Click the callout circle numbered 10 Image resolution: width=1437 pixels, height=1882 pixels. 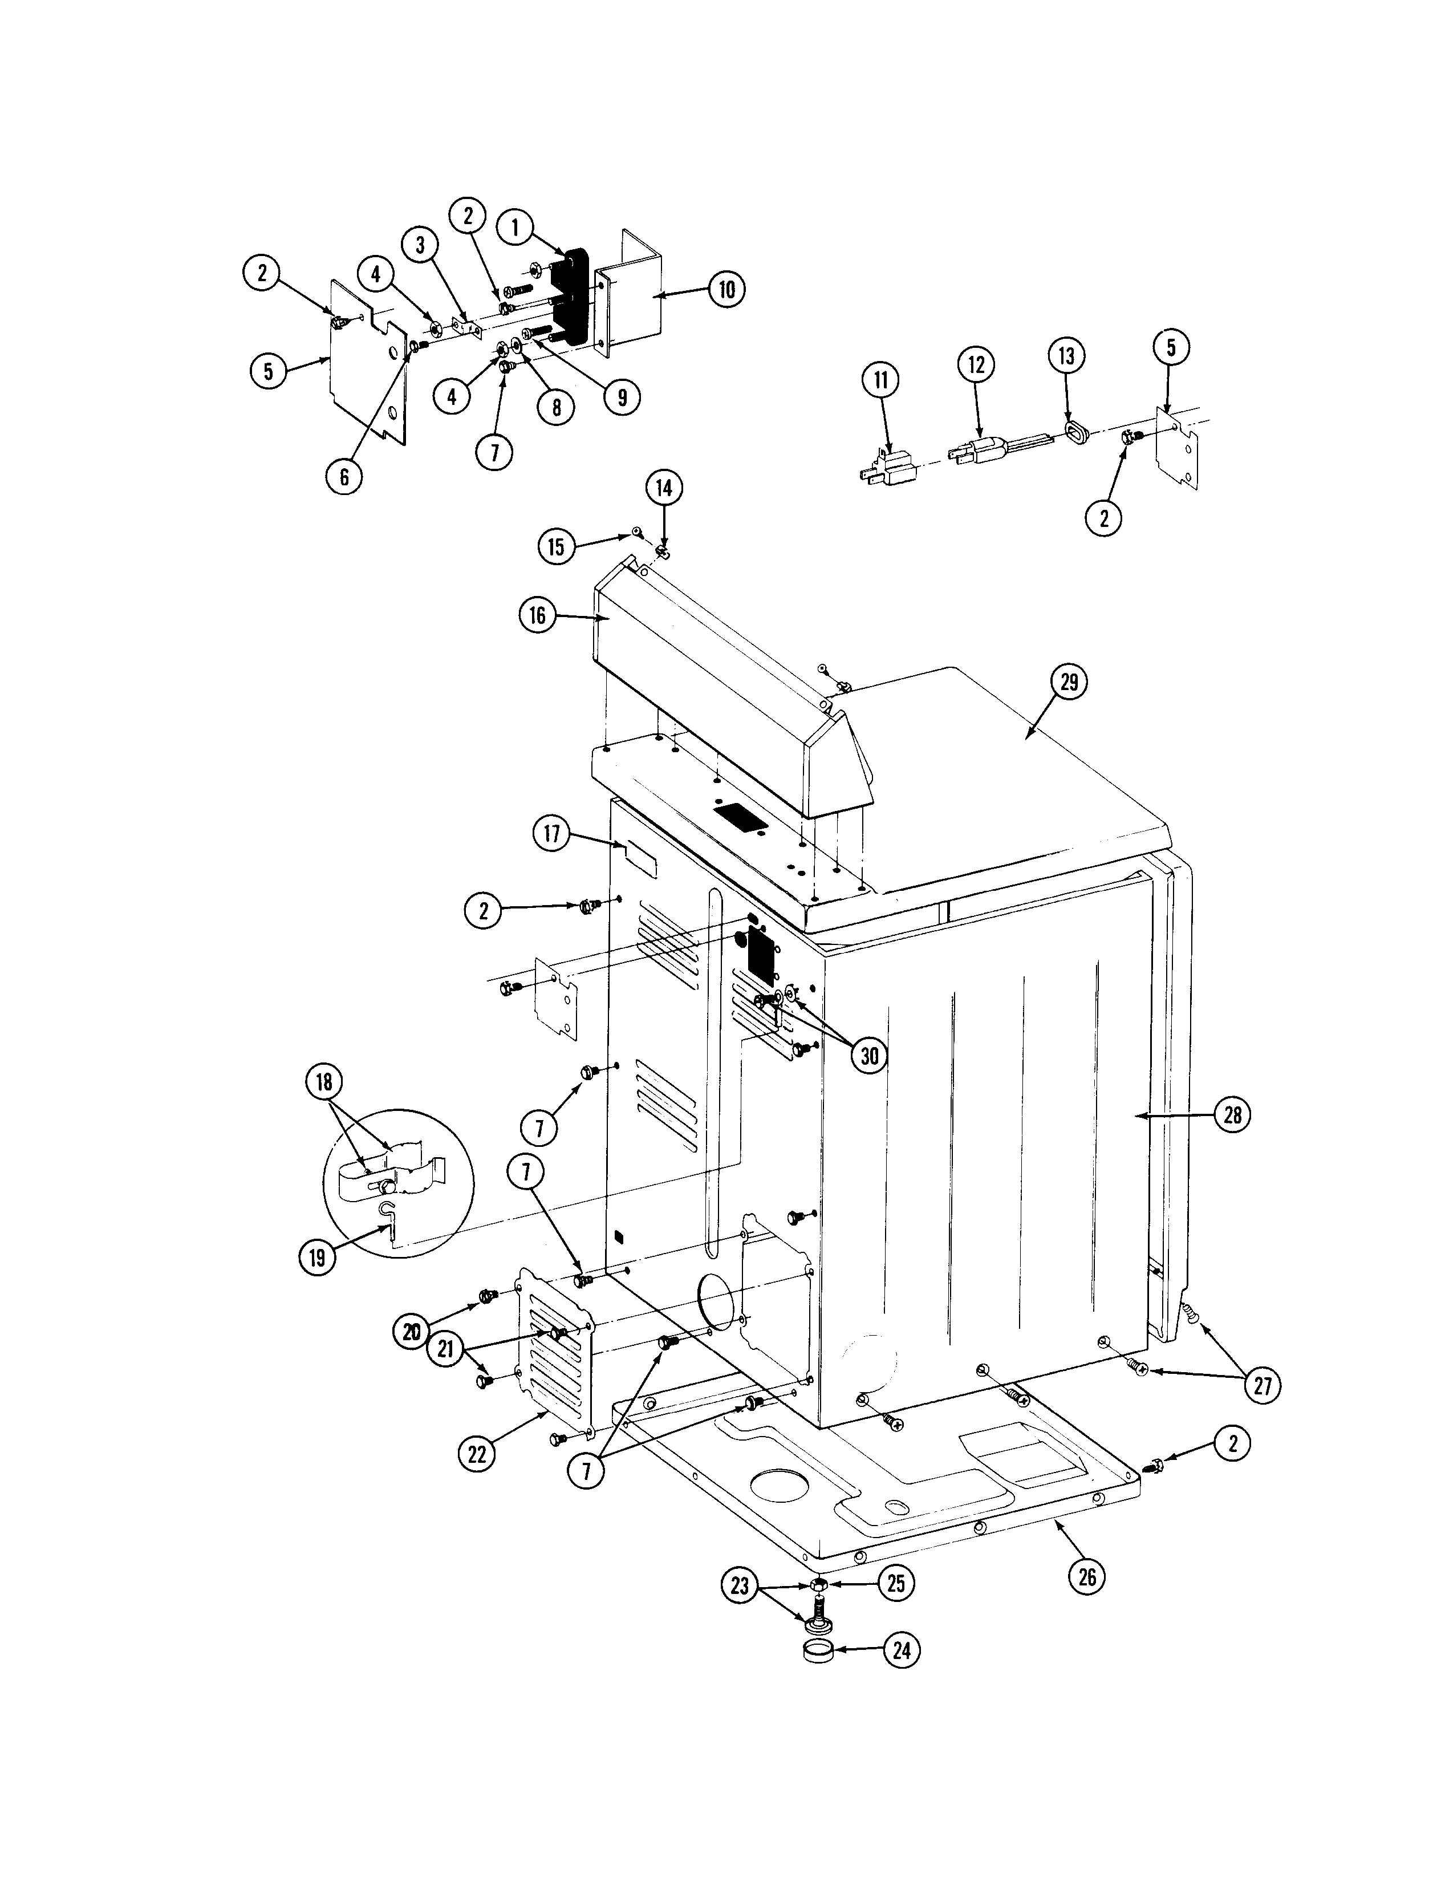click(x=726, y=290)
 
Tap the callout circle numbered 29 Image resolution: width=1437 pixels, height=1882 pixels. click(x=1069, y=682)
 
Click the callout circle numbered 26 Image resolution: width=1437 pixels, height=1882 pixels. click(x=1086, y=1576)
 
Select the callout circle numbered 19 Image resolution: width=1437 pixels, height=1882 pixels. click(x=317, y=1257)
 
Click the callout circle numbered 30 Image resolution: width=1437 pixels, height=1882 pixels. click(x=869, y=1056)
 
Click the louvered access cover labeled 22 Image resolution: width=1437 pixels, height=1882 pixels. click(x=557, y=1362)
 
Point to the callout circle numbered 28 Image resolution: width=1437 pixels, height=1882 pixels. click(x=1233, y=1116)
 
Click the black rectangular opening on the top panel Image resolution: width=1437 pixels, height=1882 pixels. click(x=741, y=817)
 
